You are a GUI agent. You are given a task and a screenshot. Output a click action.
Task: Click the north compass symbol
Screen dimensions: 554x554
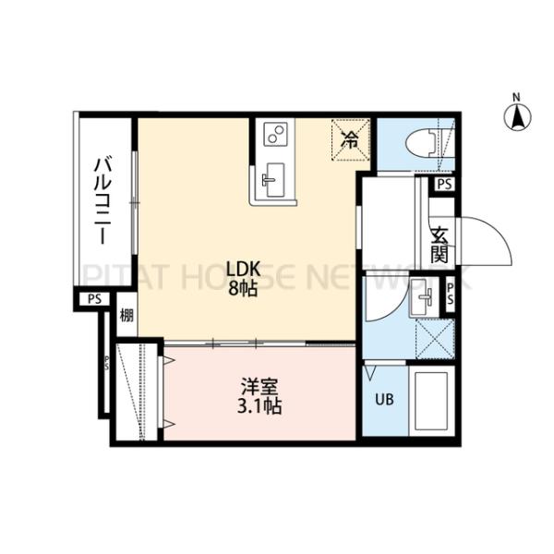517,114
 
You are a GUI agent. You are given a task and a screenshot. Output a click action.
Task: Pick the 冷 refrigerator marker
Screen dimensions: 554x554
351,139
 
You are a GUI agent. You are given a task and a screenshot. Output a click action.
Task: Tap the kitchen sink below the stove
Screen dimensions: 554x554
273,178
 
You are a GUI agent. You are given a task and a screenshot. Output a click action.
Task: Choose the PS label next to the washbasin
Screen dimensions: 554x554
450,295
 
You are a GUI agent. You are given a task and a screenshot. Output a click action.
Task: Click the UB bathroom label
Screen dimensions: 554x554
382,400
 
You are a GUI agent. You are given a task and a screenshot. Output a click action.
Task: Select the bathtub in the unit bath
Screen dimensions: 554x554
430,402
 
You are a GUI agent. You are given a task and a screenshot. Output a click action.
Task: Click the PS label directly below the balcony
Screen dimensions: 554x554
94,299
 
